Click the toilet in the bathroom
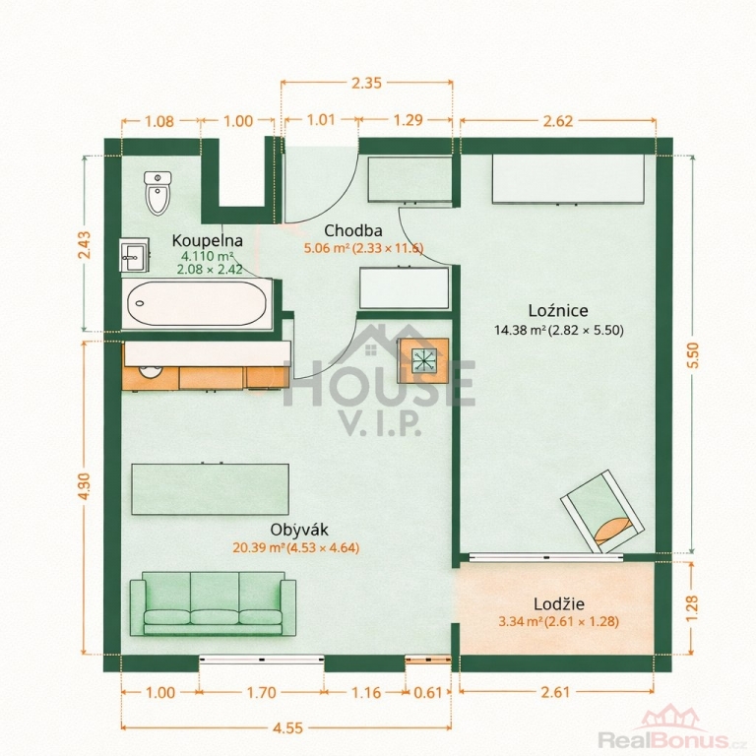pyautogui.click(x=157, y=193)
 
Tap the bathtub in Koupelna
pyautogui.click(x=197, y=304)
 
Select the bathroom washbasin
pyautogui.click(x=134, y=255)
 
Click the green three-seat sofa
pyautogui.click(x=213, y=603)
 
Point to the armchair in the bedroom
pyautogui.click(x=601, y=512)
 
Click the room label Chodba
pyautogui.click(x=353, y=231)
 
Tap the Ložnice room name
pyautogui.click(x=558, y=310)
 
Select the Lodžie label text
pyautogui.click(x=559, y=603)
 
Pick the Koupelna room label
pyautogui.click(x=208, y=240)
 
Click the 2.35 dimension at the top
pyautogui.click(x=366, y=83)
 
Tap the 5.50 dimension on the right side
pyautogui.click(x=692, y=354)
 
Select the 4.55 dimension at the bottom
pyautogui.click(x=287, y=728)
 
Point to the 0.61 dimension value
pyautogui.click(x=428, y=693)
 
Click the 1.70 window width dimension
pyautogui.click(x=261, y=693)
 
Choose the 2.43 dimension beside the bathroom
pyautogui.click(x=84, y=245)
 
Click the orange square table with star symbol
pyautogui.click(x=423, y=360)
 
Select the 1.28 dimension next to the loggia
pyautogui.click(x=692, y=608)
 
